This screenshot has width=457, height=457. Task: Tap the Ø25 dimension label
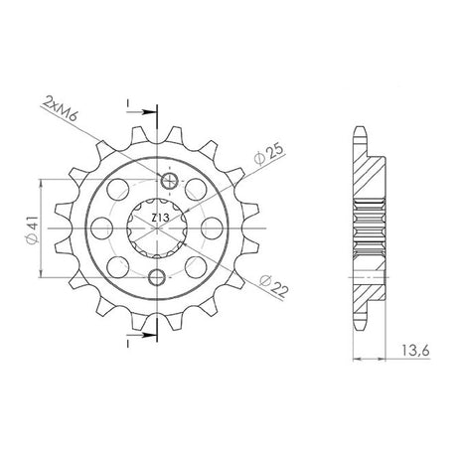click(x=269, y=155)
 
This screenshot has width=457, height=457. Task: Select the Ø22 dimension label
click(x=274, y=285)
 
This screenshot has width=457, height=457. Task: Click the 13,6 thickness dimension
click(x=415, y=350)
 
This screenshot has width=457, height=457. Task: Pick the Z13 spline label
click(x=161, y=218)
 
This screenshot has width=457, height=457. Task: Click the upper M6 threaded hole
click(x=169, y=181)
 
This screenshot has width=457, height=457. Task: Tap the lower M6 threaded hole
click(x=157, y=277)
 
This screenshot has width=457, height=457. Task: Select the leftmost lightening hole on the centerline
click(x=101, y=228)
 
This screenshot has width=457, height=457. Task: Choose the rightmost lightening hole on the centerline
click(x=213, y=228)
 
